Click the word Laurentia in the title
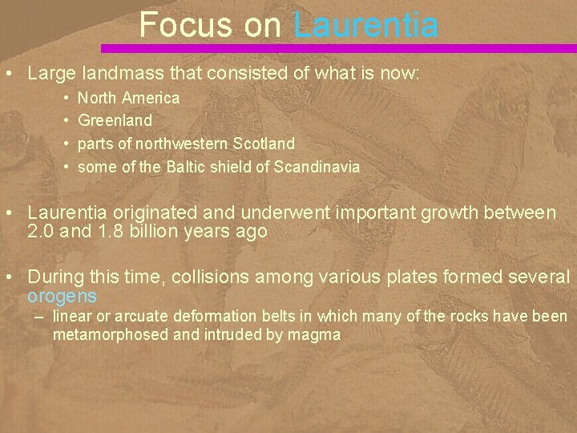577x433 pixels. (366, 25)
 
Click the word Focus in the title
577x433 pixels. (188, 25)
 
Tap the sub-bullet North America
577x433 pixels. (128, 98)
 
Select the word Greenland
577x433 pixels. (115, 121)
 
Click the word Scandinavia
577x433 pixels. (317, 168)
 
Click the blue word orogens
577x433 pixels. (63, 295)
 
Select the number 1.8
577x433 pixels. (109, 232)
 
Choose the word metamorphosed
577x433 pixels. (110, 334)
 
